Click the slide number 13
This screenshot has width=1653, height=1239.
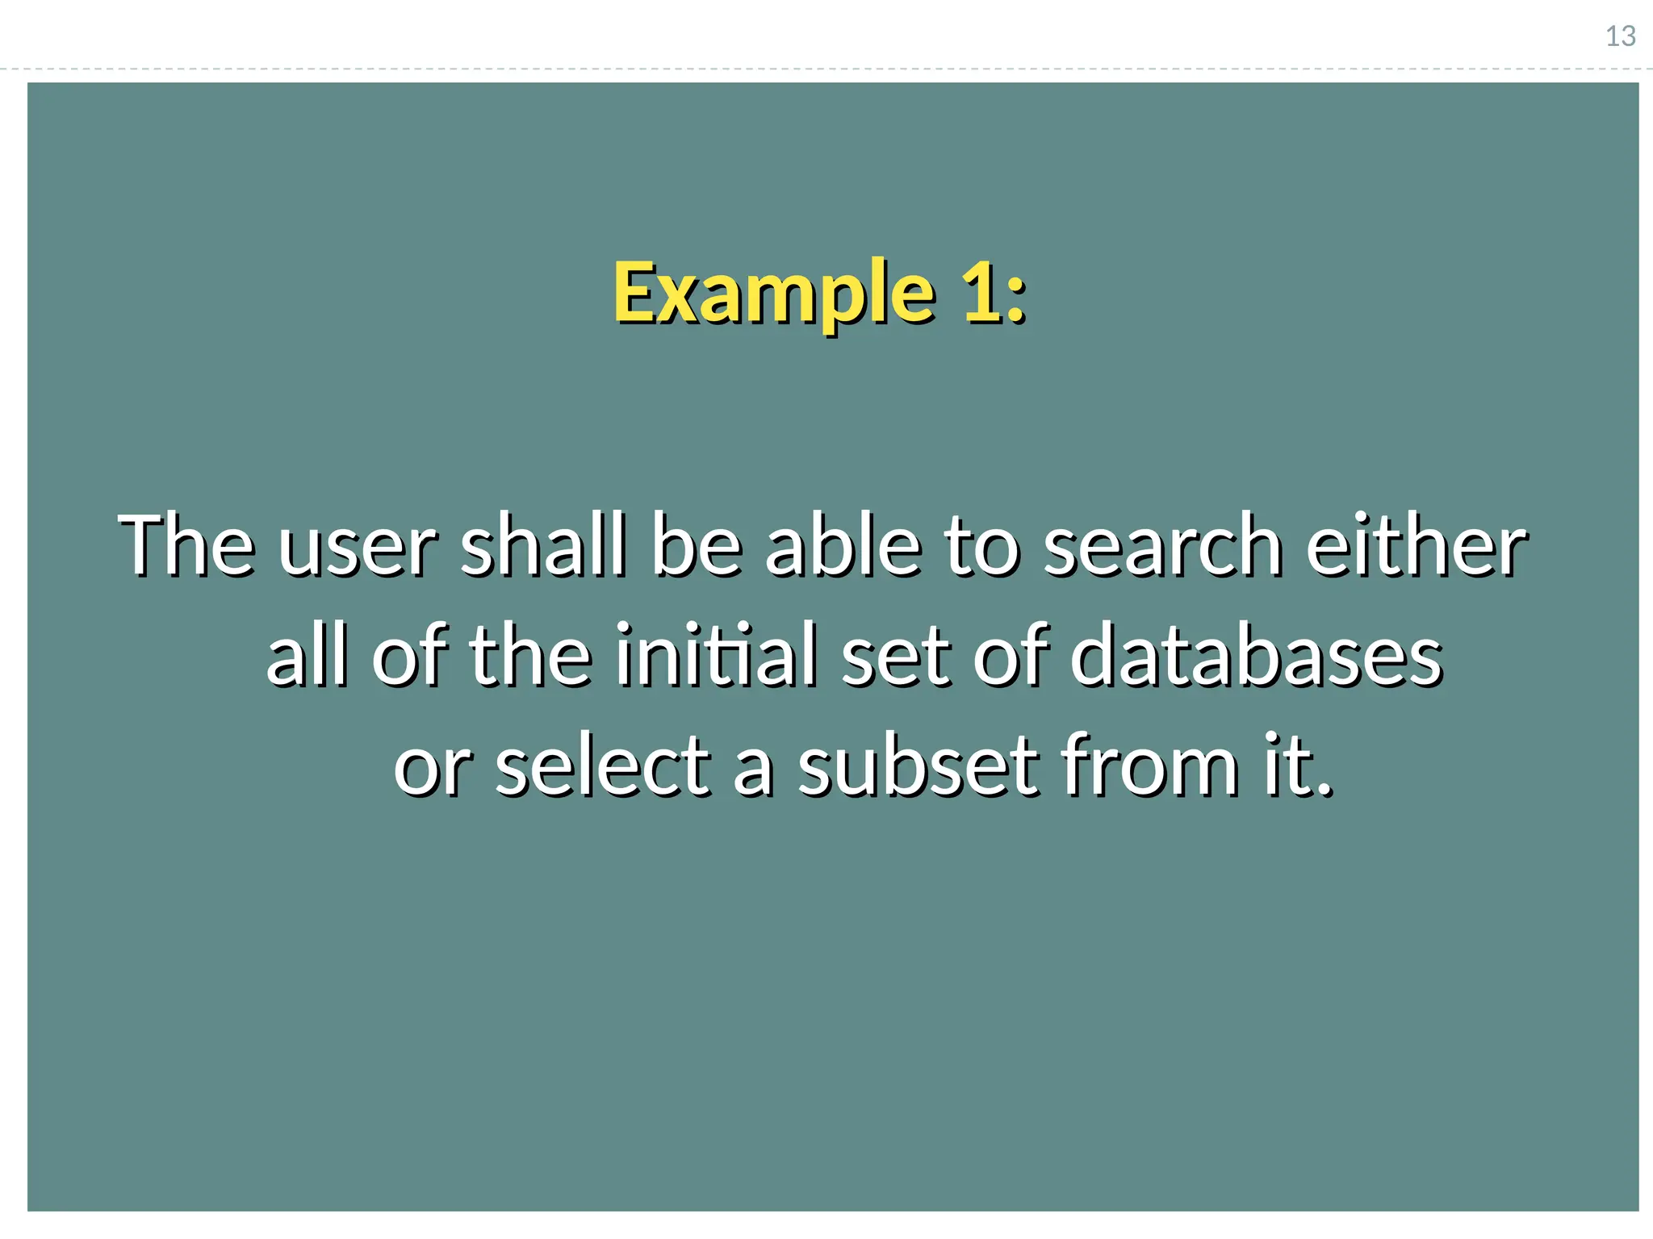(x=1620, y=36)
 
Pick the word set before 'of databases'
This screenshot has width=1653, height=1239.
(x=895, y=657)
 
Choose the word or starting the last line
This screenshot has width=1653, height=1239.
(x=431, y=769)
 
